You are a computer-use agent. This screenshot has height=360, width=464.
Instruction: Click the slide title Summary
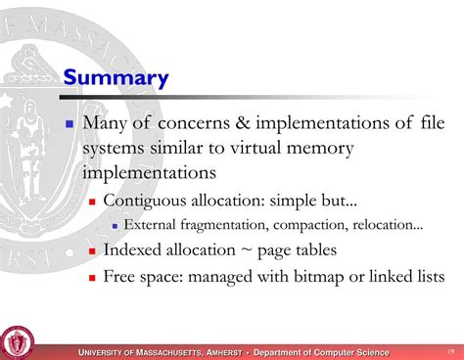click(116, 77)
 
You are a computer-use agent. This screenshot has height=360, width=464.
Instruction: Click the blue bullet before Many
click(70, 125)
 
